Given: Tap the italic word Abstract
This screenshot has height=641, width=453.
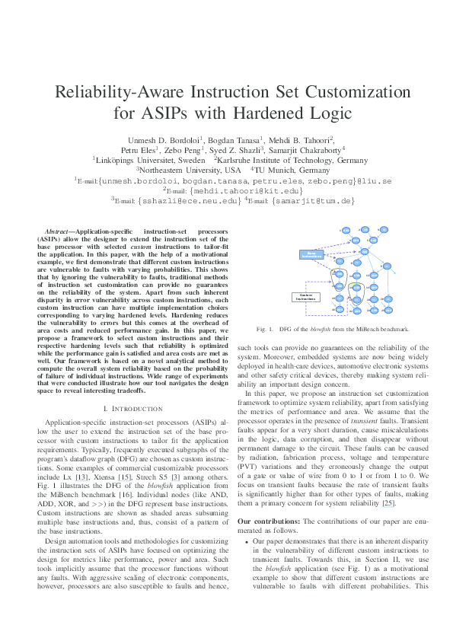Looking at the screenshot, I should pos(59,229).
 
